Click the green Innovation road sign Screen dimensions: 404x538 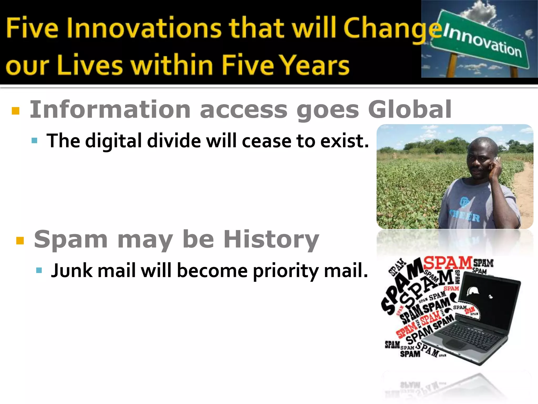[x=481, y=39]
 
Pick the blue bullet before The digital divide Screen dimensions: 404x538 [x=34, y=141]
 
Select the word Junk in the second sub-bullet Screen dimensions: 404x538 [x=72, y=271]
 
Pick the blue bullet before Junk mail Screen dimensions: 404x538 [x=39, y=270]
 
